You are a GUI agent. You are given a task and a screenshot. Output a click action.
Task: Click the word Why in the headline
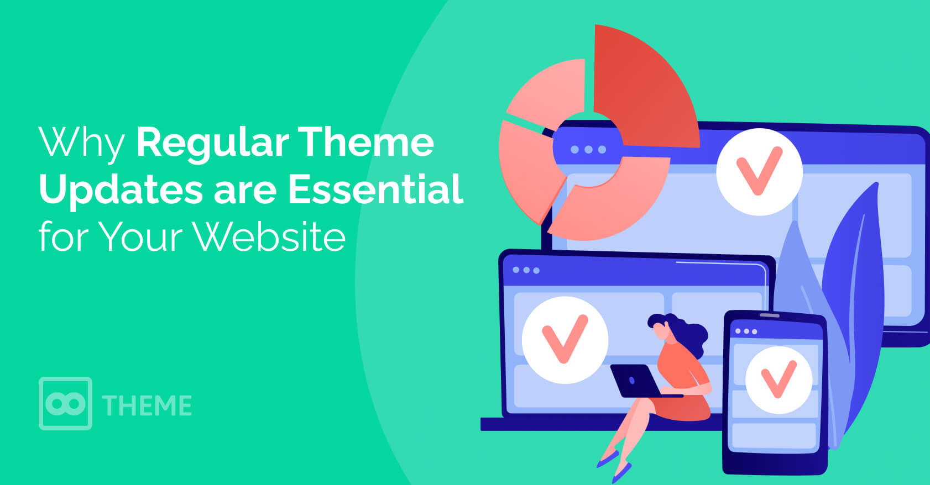81,143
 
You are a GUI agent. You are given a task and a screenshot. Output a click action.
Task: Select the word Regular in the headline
212,143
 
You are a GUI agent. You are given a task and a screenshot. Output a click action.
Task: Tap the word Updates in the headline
121,190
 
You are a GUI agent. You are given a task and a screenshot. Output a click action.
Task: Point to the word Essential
375,189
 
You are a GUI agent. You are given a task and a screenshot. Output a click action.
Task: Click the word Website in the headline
269,236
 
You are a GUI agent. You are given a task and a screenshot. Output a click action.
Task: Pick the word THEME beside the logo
147,405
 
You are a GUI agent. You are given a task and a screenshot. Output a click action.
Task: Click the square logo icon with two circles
65,403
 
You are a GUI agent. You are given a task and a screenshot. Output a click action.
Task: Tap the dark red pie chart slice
644,87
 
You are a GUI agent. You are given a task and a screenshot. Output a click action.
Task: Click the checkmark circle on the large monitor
759,172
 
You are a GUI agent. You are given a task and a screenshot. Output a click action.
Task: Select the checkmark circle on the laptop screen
565,340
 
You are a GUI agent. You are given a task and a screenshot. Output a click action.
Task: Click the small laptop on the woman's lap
635,381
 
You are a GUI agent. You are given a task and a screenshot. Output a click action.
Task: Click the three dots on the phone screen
746,331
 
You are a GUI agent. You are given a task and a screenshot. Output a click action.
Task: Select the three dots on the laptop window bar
526,270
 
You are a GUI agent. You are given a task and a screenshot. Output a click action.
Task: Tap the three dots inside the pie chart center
588,149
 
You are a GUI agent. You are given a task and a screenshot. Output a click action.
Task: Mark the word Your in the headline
141,236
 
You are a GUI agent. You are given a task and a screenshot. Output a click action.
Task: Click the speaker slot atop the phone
769,316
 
